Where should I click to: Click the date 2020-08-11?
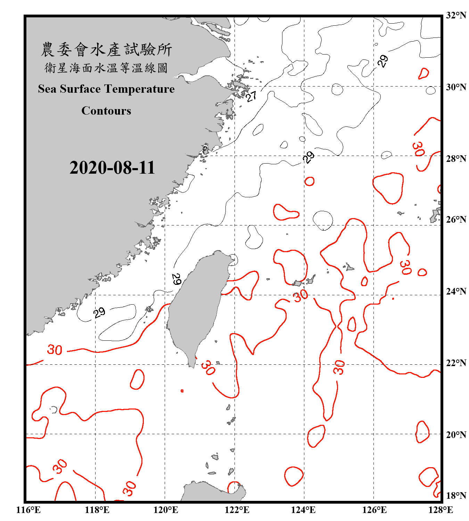tap(112, 168)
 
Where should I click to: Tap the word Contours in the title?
tap(106, 111)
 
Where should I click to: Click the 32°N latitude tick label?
tap(456, 15)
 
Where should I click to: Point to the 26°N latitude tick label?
tap(456, 220)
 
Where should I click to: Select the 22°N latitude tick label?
tap(456, 363)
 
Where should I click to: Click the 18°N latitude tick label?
tap(456, 496)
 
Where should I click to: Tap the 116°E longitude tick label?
tap(28, 510)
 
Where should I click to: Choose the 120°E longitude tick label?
tap(166, 510)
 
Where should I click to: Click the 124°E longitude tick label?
tap(303, 510)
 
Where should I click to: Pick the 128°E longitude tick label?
tap(441, 510)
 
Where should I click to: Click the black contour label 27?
tap(251, 96)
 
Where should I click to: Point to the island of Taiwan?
tap(196, 306)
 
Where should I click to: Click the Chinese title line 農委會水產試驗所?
tap(106, 50)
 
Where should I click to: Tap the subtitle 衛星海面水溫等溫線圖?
tap(106, 68)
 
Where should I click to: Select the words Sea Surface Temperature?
tap(106, 89)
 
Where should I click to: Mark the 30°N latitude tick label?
tap(456, 87)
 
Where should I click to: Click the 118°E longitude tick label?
tap(97, 510)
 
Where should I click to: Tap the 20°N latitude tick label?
tap(456, 435)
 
